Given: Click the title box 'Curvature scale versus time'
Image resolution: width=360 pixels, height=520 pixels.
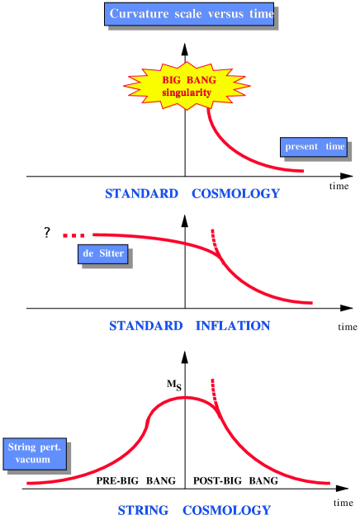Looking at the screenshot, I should pos(190,14).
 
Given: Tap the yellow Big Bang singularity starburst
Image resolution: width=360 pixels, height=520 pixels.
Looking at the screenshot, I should pos(187,85).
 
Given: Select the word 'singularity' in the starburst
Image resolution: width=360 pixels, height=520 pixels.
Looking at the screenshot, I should pos(187,92).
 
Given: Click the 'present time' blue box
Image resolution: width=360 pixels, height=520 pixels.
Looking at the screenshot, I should pos(315,147).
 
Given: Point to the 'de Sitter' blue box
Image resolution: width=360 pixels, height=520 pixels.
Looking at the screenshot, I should pos(103,253).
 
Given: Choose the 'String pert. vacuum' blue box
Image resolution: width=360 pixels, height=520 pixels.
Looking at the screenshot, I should pos(33,453).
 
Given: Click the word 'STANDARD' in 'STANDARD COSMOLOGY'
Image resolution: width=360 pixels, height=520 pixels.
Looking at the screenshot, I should pos(141,194).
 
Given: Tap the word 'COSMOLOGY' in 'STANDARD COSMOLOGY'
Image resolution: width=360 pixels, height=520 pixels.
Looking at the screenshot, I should pos(235,194).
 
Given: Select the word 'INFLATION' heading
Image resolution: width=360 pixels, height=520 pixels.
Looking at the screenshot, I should pos(233,326).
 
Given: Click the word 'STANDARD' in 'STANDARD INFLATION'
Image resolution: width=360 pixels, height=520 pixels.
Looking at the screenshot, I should pos(145,326).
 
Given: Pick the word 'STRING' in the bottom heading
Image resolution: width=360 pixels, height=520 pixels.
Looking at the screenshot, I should pos(142,510).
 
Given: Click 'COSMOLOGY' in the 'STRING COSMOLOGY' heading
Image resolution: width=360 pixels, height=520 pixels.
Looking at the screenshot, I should pos(226,510).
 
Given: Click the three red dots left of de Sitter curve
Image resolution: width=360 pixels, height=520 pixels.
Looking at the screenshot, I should pos(73,236).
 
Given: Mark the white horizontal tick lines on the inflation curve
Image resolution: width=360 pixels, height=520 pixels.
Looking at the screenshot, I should pos(215,240).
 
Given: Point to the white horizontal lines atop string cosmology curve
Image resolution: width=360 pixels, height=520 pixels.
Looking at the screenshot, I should pos(215,391).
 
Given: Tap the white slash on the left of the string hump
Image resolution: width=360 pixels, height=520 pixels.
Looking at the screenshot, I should pos(147,415).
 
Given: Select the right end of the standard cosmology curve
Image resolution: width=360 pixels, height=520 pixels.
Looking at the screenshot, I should pos(301,171).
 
